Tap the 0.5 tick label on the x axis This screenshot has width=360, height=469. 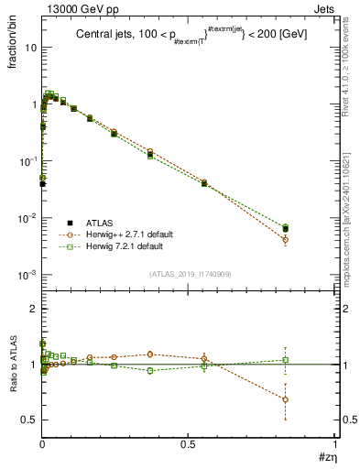click(188, 443)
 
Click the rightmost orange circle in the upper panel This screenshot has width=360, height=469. click(285, 240)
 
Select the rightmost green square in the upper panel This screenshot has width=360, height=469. click(285, 227)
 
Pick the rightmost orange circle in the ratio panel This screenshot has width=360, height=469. click(285, 399)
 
